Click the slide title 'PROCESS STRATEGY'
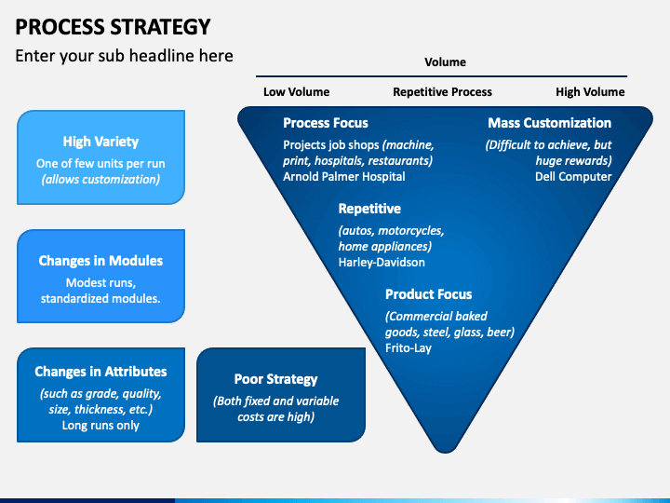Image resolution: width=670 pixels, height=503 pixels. pyautogui.click(x=113, y=27)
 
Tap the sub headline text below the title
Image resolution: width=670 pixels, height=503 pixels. pyautogui.click(x=124, y=56)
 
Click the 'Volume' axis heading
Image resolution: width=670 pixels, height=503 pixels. pyautogui.click(x=445, y=62)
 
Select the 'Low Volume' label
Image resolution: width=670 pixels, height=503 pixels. pyautogui.click(x=296, y=92)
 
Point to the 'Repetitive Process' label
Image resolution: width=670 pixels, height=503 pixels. pyautogui.click(x=442, y=92)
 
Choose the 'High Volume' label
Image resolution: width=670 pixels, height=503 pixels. pyautogui.click(x=590, y=92)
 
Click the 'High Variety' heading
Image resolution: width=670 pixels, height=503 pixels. pyautogui.click(x=100, y=142)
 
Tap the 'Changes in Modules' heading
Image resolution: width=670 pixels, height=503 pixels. pyautogui.click(x=100, y=261)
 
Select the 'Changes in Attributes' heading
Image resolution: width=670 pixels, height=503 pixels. pyautogui.click(x=100, y=372)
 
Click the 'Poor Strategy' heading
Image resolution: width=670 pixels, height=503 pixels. pyautogui.click(x=276, y=379)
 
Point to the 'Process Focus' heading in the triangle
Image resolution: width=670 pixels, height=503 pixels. pyautogui.click(x=326, y=123)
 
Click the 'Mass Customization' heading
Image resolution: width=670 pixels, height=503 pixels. pyautogui.click(x=550, y=123)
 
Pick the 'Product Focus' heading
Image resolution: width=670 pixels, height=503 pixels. pyautogui.click(x=429, y=294)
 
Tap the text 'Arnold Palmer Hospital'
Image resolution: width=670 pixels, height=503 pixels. pyautogui.click(x=344, y=177)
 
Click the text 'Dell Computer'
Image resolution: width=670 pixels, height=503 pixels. pyautogui.click(x=573, y=177)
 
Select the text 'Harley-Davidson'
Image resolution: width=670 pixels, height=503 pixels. pyautogui.click(x=382, y=262)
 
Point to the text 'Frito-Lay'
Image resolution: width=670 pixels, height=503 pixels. pyautogui.click(x=409, y=348)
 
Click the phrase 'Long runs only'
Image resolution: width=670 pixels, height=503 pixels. pyautogui.click(x=100, y=425)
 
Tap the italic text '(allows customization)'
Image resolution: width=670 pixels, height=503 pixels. pyautogui.click(x=100, y=179)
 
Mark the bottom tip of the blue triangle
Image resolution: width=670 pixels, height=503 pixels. pyautogui.click(x=445, y=453)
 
